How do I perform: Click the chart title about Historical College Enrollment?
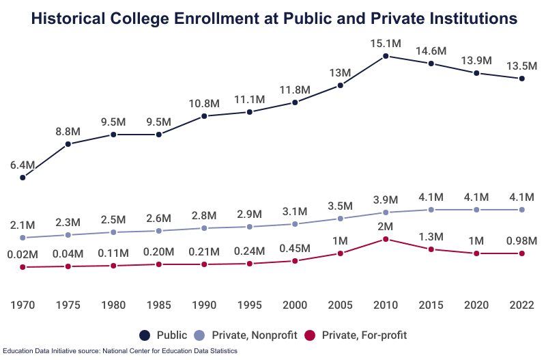click(273, 19)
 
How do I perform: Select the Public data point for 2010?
click(386, 56)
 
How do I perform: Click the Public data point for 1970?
click(23, 178)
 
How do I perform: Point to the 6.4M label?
click(23, 165)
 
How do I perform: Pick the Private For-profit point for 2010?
click(386, 239)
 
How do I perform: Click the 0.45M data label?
click(295, 247)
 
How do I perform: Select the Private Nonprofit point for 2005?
click(340, 219)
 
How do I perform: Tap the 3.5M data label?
click(340, 206)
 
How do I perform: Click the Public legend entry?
click(164, 335)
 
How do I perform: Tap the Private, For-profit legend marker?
click(311, 335)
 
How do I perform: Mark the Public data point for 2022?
click(522, 79)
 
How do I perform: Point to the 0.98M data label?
click(522, 240)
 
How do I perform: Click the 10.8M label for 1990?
click(204, 103)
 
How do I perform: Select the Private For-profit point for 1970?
click(23, 267)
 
